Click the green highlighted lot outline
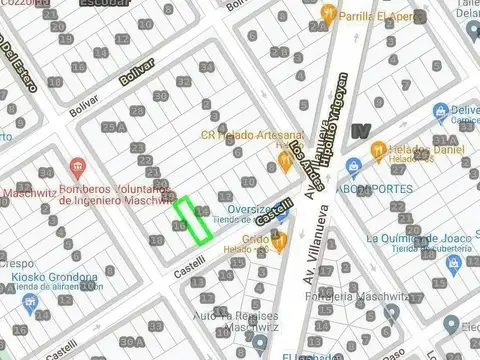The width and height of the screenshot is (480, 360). (194, 221)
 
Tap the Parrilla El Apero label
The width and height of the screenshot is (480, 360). (379, 17)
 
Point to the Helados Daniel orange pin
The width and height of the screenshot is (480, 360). (377, 150)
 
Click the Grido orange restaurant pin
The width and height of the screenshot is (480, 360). (279, 239)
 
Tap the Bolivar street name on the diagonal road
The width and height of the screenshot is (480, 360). (137, 72)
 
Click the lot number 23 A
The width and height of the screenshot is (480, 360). (114, 128)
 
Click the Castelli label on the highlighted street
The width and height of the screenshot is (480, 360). (274, 211)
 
